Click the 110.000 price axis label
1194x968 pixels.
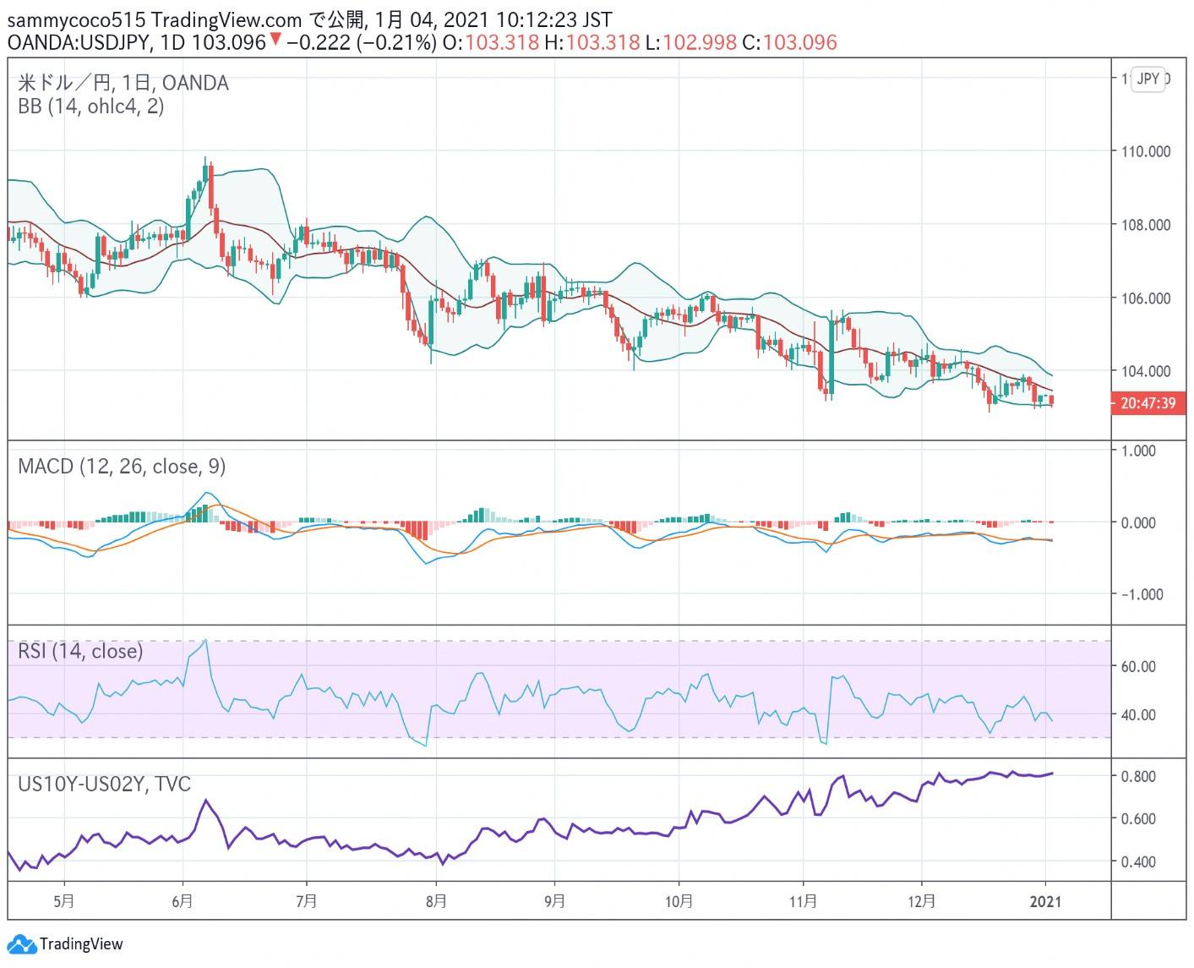point(1146,152)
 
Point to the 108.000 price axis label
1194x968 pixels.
point(1146,225)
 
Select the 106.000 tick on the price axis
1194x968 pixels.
point(1146,298)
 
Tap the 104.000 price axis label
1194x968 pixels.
point(1146,371)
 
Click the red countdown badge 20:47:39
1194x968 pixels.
point(1148,403)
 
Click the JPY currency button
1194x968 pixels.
point(1148,79)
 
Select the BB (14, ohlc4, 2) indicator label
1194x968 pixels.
point(91,107)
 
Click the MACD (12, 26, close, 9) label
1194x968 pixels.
point(122,467)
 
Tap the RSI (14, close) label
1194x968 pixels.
point(80,651)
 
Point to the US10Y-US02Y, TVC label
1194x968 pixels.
point(105,785)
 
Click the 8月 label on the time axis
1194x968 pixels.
point(435,901)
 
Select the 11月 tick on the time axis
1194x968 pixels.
point(803,901)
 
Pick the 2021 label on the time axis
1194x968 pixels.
point(1046,901)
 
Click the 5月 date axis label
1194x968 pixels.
point(64,901)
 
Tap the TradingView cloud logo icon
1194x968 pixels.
point(20,944)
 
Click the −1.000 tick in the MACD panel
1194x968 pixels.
point(1142,595)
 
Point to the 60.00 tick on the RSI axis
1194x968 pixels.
point(1138,667)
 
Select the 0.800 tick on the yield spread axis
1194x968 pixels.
point(1138,777)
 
